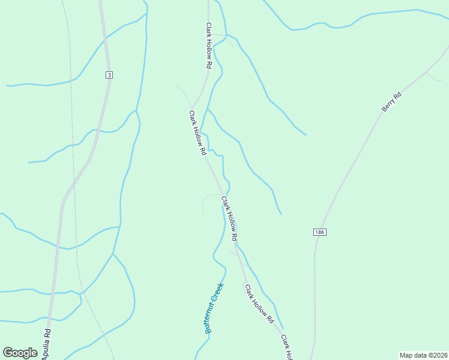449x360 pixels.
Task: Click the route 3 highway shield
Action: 109,75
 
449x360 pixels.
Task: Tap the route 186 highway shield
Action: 319,232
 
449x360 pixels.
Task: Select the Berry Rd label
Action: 391,101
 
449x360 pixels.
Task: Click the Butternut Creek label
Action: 214,308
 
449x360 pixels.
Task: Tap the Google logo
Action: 20,352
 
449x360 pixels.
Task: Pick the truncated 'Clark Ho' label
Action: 286,347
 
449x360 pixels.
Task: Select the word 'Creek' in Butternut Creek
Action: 218,292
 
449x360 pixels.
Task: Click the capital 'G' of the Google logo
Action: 8,352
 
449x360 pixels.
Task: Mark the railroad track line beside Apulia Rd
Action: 74,180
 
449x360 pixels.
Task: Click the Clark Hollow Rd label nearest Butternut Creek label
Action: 259,304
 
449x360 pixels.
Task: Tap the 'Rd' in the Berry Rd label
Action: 397,94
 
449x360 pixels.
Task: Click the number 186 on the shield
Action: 319,232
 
